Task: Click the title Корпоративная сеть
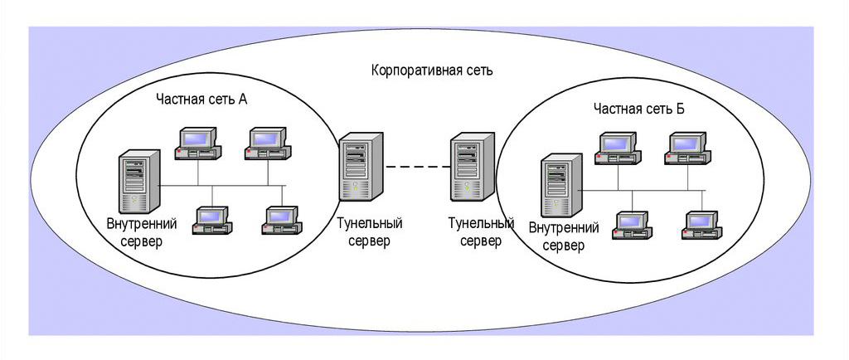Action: [431, 70]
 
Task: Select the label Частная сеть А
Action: [202, 99]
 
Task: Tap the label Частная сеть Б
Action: [638, 109]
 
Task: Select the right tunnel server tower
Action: [471, 170]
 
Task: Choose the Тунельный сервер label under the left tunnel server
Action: [369, 232]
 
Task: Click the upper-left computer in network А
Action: [198, 143]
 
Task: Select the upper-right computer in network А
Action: [268, 143]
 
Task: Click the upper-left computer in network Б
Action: [618, 148]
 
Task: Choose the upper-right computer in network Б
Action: [687, 148]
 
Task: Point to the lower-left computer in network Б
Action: [633, 225]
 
